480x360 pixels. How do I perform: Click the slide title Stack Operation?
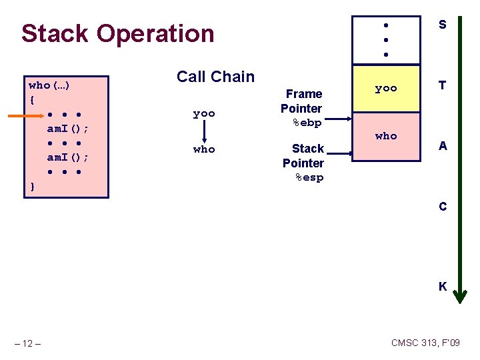(x=117, y=33)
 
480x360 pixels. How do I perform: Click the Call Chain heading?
(x=215, y=77)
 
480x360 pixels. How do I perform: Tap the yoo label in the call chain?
(x=204, y=114)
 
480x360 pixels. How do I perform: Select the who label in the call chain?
(x=204, y=149)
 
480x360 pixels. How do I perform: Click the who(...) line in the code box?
(x=50, y=85)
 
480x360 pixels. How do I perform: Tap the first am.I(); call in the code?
(x=69, y=128)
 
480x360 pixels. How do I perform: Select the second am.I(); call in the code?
(x=69, y=157)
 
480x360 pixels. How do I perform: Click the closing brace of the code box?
(x=32, y=186)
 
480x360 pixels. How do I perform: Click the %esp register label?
(x=309, y=177)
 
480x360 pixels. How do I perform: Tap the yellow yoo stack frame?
(x=385, y=88)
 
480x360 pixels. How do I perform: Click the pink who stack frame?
(x=385, y=136)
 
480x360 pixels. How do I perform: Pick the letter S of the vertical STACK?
(x=442, y=25)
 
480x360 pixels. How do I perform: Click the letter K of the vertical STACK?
(x=442, y=287)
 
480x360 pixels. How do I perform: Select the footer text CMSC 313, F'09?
(x=425, y=343)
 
